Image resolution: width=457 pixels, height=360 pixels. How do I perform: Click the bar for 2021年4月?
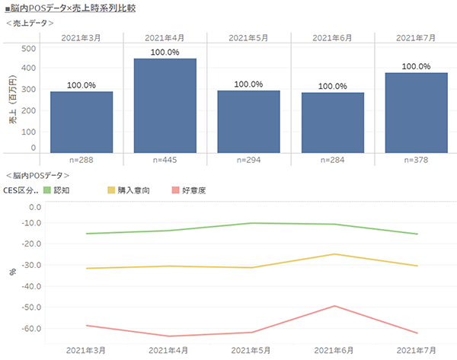165,105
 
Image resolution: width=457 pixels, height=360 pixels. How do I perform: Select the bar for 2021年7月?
416,112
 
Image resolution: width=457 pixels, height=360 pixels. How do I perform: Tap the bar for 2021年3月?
81,122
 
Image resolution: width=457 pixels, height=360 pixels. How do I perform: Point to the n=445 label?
165,161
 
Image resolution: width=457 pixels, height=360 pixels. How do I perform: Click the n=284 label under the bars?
332,161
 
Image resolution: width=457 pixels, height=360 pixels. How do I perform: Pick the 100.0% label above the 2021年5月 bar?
249,84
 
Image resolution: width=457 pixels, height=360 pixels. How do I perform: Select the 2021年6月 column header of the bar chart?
332,37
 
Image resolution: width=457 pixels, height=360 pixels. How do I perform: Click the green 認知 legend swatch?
46,190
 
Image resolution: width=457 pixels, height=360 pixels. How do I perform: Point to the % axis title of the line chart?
11,271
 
